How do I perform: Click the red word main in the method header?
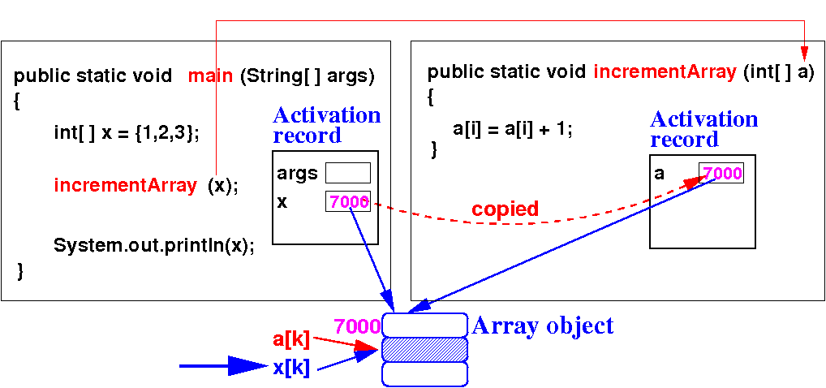211,76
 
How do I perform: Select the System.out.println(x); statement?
154,245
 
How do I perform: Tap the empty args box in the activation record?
347,173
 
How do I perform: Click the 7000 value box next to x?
348,201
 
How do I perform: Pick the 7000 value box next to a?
721,173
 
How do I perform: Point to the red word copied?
505,209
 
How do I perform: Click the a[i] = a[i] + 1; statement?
512,128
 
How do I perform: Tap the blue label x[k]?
291,367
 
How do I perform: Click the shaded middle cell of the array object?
425,349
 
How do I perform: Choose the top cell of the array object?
425,325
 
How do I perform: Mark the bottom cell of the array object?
425,373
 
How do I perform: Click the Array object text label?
543,326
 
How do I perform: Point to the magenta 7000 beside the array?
357,326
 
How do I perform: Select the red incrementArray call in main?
125,185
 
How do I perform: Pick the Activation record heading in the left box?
326,125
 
